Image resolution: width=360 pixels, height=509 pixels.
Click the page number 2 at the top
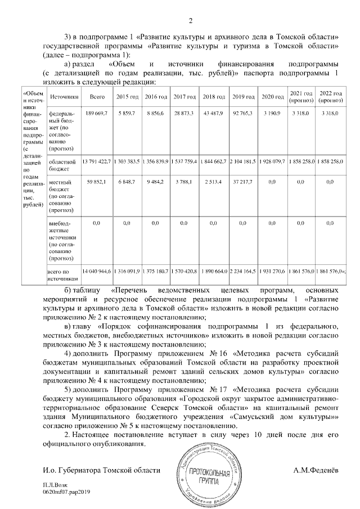click(x=190, y=21)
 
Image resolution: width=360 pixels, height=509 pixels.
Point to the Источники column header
click(x=62, y=97)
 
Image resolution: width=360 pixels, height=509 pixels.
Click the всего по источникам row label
click(x=62, y=274)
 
